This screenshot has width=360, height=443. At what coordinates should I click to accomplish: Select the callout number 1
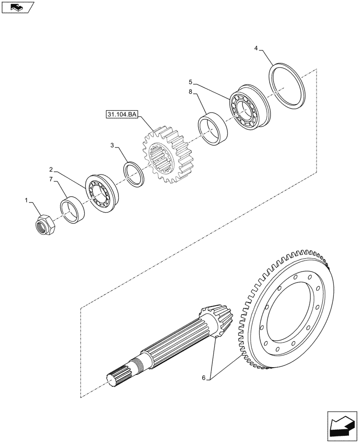[27, 201]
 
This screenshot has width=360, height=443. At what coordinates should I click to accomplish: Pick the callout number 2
[51, 169]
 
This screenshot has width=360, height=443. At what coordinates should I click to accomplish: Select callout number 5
[190, 82]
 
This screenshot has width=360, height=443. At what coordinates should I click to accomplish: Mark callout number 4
[256, 48]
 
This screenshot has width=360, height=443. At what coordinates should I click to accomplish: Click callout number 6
[203, 378]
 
